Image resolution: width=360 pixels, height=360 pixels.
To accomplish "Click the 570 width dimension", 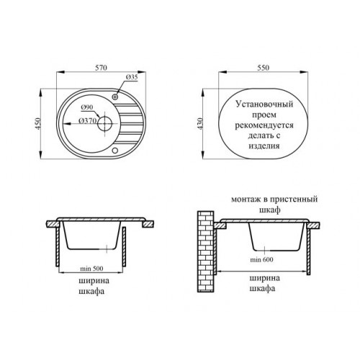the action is tap(101, 68).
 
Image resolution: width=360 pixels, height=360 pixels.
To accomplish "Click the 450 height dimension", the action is tap(38, 124).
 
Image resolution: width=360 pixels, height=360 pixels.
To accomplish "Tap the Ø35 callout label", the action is tap(132, 77).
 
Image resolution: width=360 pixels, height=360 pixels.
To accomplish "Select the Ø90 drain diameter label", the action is tap(87, 107).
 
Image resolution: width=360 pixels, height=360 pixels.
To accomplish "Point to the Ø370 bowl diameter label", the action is tap(88, 121).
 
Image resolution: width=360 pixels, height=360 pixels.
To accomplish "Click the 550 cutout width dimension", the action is tap(264, 68).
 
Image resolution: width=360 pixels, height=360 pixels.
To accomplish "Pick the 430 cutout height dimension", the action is tap(200, 124).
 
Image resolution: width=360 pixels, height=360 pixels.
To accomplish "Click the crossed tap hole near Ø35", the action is tap(115, 96).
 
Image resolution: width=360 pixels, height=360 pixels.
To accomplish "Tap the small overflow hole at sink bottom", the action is tap(115, 150).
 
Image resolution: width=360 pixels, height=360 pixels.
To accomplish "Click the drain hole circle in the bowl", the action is tap(104, 124).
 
